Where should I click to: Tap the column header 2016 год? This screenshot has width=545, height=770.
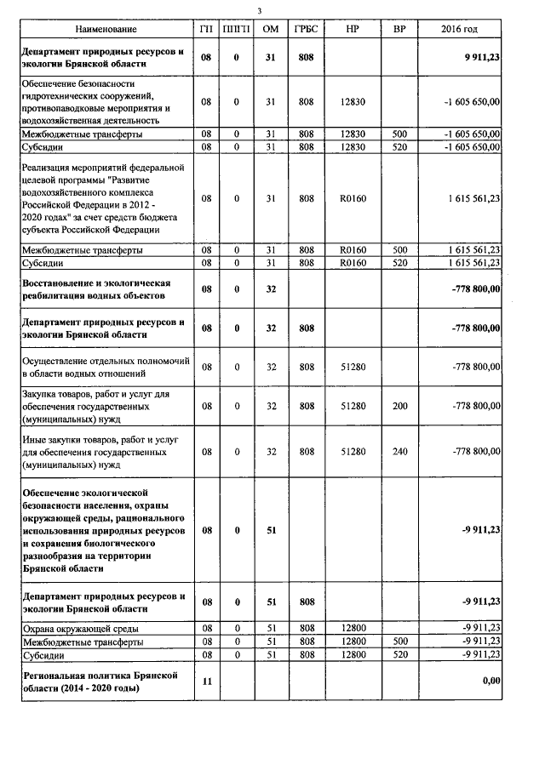point(459,30)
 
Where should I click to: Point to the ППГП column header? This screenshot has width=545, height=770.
point(236,30)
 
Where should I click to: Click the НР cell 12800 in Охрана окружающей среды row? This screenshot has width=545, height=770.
point(352,628)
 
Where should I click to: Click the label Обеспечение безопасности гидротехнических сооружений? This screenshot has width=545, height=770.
point(100,102)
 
